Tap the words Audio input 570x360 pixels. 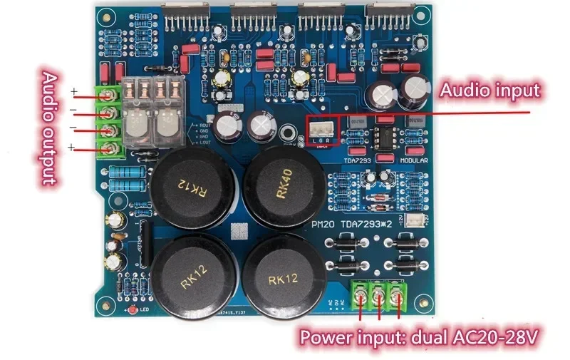[x=489, y=91]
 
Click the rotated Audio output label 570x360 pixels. [x=50, y=129]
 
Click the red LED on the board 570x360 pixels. [x=134, y=312]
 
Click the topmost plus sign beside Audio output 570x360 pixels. [x=73, y=92]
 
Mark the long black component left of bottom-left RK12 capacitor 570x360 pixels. [x=142, y=246]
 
